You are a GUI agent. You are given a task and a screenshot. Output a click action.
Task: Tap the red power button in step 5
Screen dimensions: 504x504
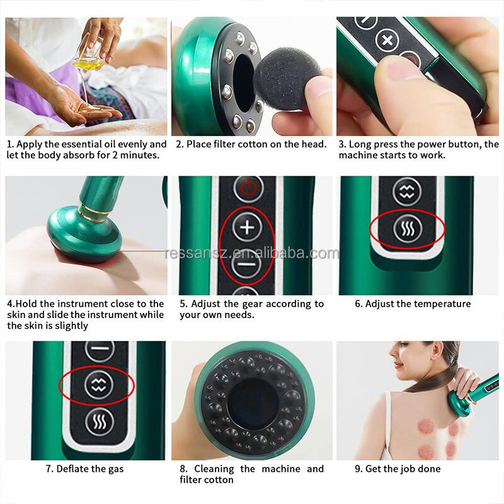(248, 188)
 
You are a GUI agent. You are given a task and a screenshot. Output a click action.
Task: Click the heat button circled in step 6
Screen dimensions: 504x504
(406, 230)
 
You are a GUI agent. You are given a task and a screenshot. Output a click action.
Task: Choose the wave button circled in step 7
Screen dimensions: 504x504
(98, 382)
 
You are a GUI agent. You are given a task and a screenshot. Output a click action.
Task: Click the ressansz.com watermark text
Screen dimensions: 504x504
(252, 253)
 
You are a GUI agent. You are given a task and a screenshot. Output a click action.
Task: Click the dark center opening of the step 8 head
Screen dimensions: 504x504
(252, 404)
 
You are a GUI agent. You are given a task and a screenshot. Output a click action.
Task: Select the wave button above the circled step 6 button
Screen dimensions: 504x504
(406, 190)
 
